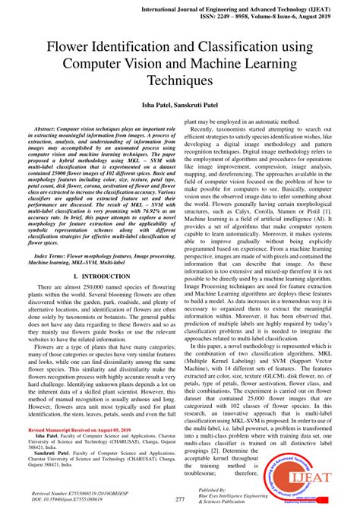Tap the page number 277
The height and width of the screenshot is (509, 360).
(x=180, y=499)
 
